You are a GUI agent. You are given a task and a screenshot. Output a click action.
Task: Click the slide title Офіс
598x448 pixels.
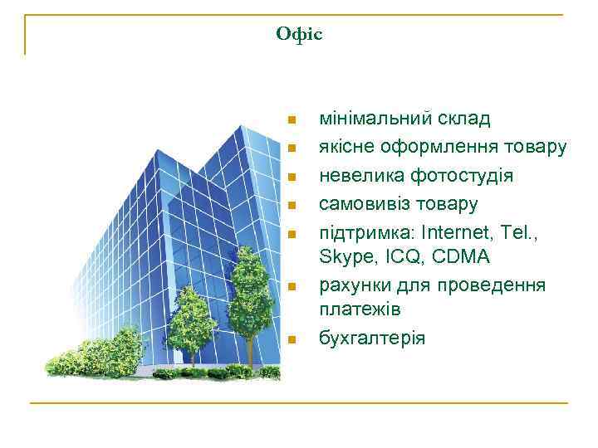[299, 34]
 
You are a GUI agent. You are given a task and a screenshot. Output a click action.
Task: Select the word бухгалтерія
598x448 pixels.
[372, 338]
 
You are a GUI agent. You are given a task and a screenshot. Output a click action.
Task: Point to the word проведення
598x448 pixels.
[495, 286]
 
